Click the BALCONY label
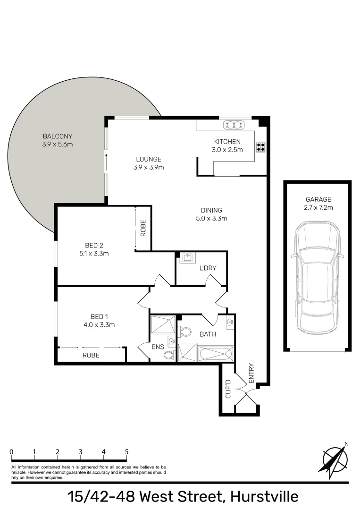[x=57, y=136]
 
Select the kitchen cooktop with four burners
[x=260, y=146]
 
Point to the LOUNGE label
[x=149, y=159]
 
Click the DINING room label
[x=211, y=210]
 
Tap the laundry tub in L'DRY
[x=187, y=258]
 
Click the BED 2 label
[x=94, y=245]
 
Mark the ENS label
[x=157, y=347]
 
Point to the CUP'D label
[x=227, y=389]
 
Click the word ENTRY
[x=251, y=373]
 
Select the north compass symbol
[x=335, y=458]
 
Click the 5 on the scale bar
[x=126, y=451]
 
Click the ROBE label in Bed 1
[x=91, y=355]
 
